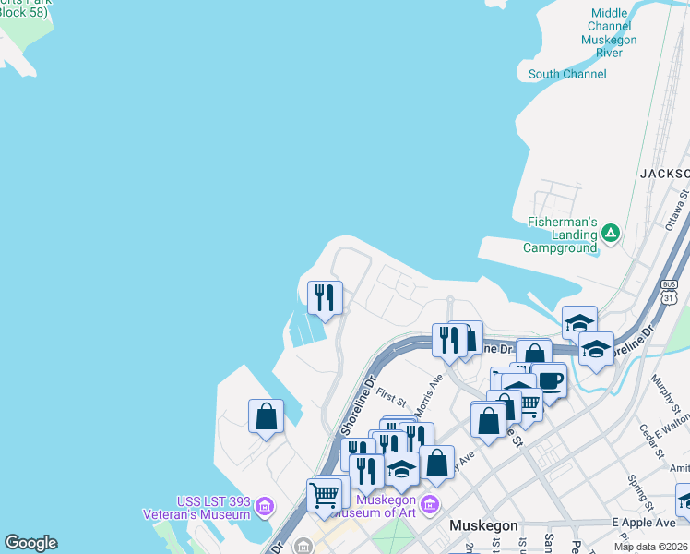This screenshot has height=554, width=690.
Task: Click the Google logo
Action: click(30, 543)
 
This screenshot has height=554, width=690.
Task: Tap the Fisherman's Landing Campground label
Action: click(561, 235)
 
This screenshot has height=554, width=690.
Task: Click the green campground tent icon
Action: click(610, 235)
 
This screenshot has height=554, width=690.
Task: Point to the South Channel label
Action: click(567, 74)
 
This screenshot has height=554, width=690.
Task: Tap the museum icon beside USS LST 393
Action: click(265, 506)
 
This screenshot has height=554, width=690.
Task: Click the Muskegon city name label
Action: click(484, 525)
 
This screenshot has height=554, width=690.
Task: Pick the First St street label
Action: click(391, 397)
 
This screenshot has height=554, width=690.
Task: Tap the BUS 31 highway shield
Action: click(670, 290)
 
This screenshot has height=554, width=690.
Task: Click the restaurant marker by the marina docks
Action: click(325, 296)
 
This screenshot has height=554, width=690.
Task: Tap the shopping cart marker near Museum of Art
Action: click(324, 495)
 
